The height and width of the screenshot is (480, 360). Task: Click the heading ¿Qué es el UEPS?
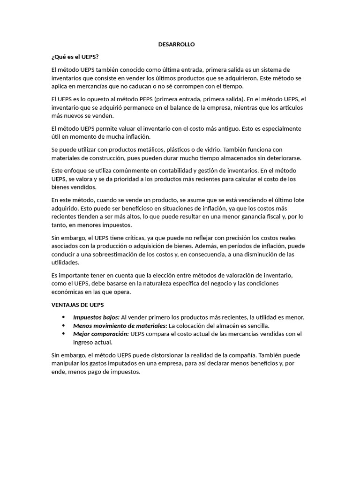[x=75, y=57]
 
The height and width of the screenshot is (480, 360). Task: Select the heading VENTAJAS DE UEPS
[x=77, y=305]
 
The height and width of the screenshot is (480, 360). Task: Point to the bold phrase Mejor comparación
[x=101, y=334]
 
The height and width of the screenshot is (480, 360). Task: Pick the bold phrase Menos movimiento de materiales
[x=120, y=325]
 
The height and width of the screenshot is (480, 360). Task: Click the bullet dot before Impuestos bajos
[x=63, y=317]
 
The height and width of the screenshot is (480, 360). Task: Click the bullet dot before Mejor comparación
[x=63, y=334]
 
